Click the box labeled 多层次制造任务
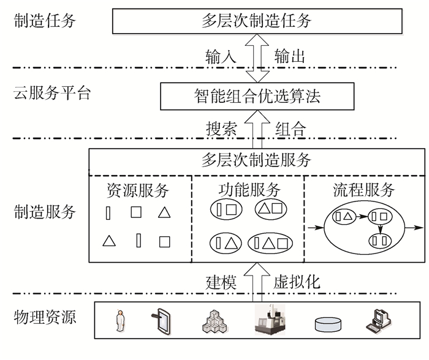(257, 21)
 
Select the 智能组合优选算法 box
(257, 96)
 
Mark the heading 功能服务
(249, 190)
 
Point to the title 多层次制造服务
(256, 161)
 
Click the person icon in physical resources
(120, 320)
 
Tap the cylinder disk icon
(330, 323)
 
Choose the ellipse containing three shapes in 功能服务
(270, 242)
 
